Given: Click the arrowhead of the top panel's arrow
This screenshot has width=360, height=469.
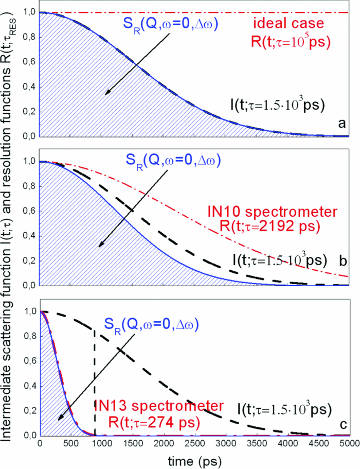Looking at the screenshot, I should pos(106,93).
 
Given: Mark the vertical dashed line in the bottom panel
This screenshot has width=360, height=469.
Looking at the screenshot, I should pos(95,381).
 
